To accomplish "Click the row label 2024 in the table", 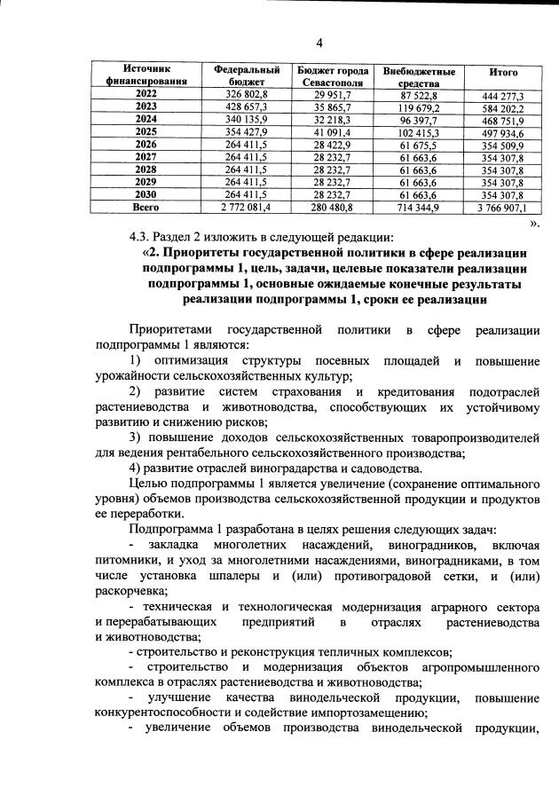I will pyautogui.click(x=145, y=118).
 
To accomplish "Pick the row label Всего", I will pyautogui.click(x=145, y=207).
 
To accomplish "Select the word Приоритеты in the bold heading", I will pyautogui.click(x=206, y=253).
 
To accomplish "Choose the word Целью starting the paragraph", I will pyautogui.click(x=148, y=484).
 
